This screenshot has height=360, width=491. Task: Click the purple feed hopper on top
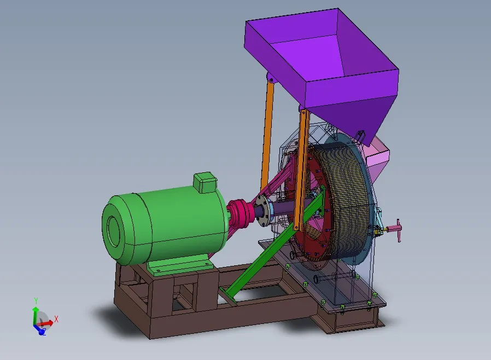click(x=323, y=66)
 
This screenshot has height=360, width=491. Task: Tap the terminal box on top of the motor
click(x=206, y=182)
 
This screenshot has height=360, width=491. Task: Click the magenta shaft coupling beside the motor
click(x=241, y=213)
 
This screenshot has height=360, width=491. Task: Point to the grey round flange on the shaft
click(x=263, y=210)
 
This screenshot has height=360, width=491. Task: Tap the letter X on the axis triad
click(x=56, y=319)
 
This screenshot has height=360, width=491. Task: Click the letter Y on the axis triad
click(x=36, y=301)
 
